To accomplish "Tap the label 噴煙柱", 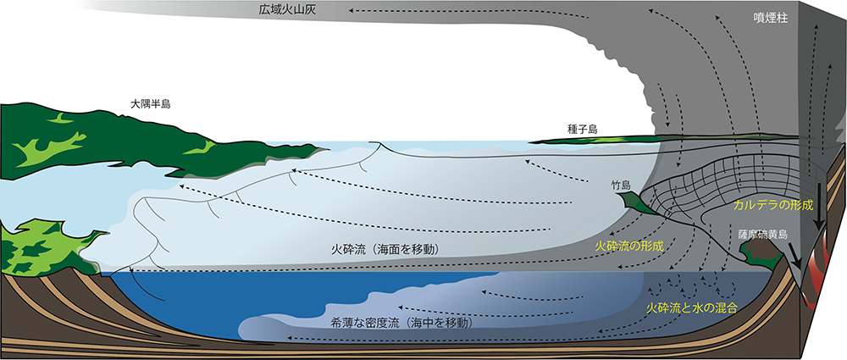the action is tap(771, 17).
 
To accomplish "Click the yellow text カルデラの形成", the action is tap(773, 205).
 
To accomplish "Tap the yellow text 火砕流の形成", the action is tap(628, 246).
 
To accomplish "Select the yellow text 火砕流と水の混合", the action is tap(692, 308).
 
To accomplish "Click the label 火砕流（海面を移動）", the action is tap(386, 250).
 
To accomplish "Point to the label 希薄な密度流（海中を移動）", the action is tap(404, 323).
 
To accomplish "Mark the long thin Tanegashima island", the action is tap(595, 140).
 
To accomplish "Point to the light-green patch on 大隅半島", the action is tap(48, 146).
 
